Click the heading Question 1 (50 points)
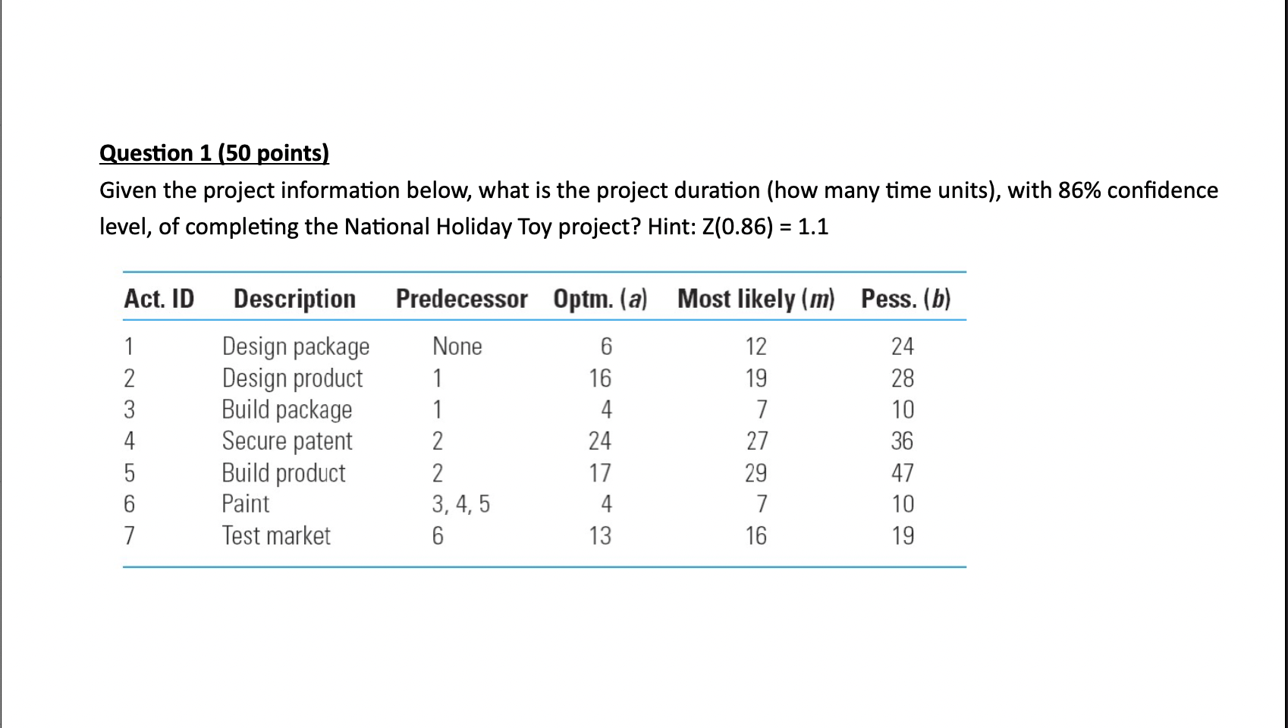(214, 153)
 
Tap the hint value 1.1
(812, 227)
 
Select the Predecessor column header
(461, 299)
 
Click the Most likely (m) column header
(756, 299)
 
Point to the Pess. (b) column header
(905, 299)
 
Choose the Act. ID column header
(159, 299)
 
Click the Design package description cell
(295, 347)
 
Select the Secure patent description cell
(287, 441)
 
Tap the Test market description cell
(276, 535)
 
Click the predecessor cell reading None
(457, 347)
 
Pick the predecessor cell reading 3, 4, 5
(460, 504)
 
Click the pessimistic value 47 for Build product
(902, 473)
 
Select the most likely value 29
(756, 473)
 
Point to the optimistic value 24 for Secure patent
(599, 441)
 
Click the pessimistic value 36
(902, 441)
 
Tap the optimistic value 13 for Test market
(599, 535)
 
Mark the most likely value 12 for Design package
(756, 347)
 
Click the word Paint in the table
(245, 504)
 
